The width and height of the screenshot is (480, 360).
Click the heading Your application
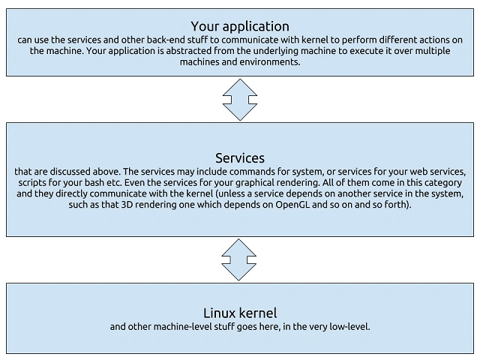(240, 27)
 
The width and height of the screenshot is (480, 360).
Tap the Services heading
(240, 158)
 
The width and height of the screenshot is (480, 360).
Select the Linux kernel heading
(240, 313)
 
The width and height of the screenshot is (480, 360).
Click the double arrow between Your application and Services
(240, 100)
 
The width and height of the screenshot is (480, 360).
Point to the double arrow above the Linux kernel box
(238, 260)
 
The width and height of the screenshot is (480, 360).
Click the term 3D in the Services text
(127, 204)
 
